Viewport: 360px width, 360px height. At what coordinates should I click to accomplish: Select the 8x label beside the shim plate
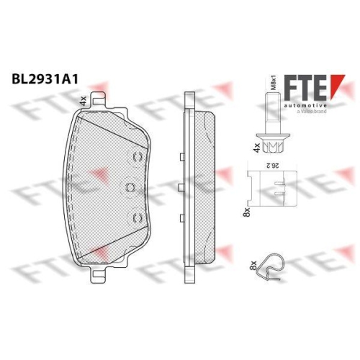coord(246,212)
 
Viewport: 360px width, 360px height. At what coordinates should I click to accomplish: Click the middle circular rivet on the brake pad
coord(130,188)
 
